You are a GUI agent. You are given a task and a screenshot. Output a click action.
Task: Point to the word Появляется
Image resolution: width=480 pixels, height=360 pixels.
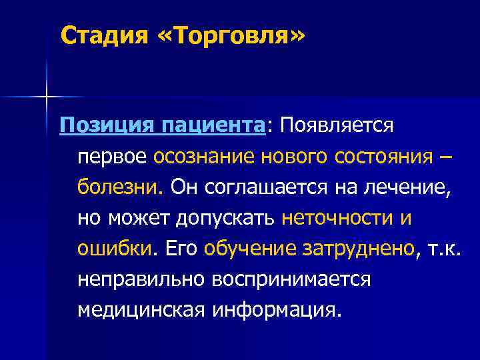337,125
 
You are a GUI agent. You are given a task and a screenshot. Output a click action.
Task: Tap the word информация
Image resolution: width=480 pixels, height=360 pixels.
277,309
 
